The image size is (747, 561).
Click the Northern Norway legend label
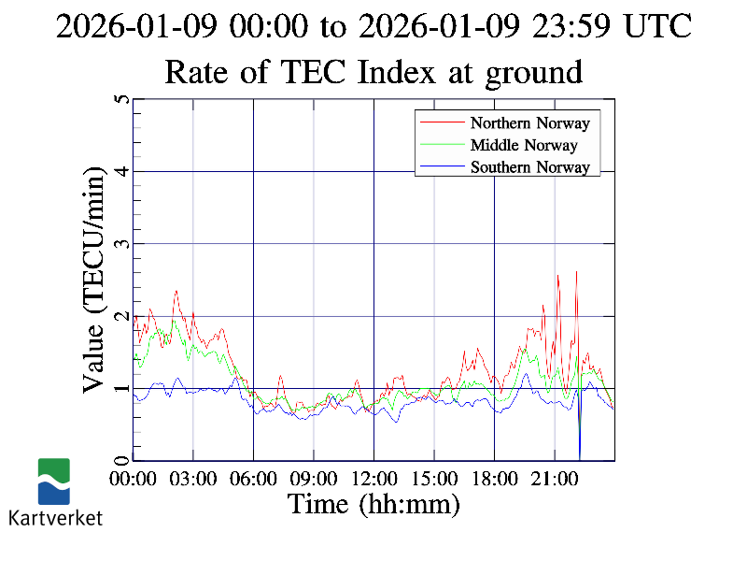coord(529,122)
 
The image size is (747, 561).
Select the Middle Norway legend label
coord(524,145)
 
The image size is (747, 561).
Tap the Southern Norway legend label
coord(529,167)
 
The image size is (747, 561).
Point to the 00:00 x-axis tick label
coord(133,479)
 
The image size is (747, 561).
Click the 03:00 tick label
coord(193,479)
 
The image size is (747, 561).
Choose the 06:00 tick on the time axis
coord(253,479)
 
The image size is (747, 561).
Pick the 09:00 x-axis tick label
coord(314,479)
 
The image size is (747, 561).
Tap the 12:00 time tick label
coord(373,479)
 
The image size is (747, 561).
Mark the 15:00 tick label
coord(434,479)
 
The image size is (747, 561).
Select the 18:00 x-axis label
coord(494,479)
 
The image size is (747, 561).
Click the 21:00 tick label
coord(555,479)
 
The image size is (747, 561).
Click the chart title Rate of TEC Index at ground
coord(373,71)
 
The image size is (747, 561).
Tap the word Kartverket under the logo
coord(55,517)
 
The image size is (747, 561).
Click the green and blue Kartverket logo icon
coord(54,481)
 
